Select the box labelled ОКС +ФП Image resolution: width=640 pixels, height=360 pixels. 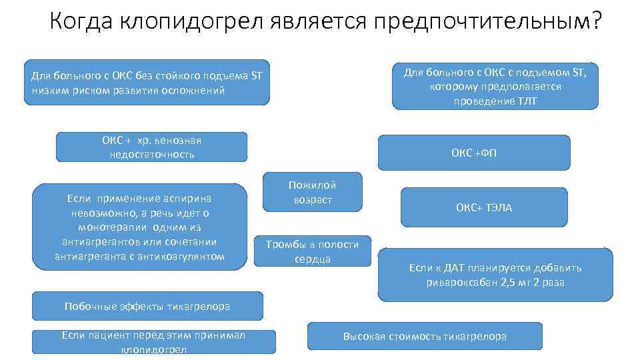click(x=474, y=153)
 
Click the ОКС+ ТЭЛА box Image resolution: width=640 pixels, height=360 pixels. click(x=484, y=207)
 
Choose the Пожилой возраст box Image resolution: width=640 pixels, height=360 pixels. click(x=312, y=192)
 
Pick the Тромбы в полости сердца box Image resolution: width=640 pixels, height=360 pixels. click(x=312, y=251)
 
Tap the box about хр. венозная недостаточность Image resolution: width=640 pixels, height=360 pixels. click(x=151, y=147)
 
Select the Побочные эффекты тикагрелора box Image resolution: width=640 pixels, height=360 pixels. click(x=147, y=306)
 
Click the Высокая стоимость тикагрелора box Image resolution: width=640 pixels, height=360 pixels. click(x=425, y=336)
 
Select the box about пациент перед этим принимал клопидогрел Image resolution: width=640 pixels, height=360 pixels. click(x=153, y=341)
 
